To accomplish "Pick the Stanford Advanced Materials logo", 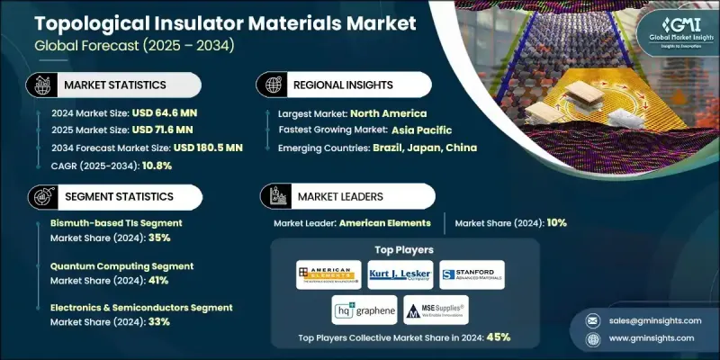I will click(x=472, y=274).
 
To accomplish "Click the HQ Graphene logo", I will click(x=364, y=310).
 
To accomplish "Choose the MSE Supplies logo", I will click(x=436, y=310).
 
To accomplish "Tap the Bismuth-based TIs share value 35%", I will click(x=158, y=238).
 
